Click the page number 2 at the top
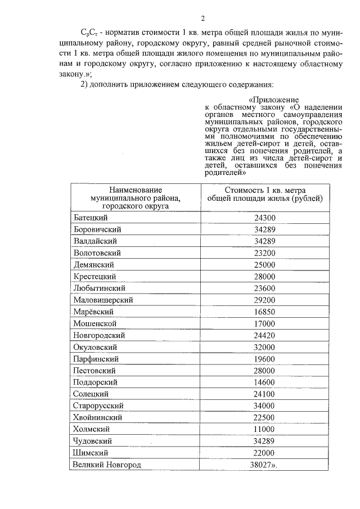click(186, 17)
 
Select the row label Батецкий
click(91, 218)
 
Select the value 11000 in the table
click(264, 429)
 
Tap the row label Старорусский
click(98, 406)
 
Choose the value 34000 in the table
click(264, 406)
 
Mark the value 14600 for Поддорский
click(264, 382)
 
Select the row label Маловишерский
click(103, 300)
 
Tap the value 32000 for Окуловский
click(264, 347)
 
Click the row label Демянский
click(94, 264)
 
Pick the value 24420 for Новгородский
click(264, 335)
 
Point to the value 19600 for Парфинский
click(264, 359)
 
